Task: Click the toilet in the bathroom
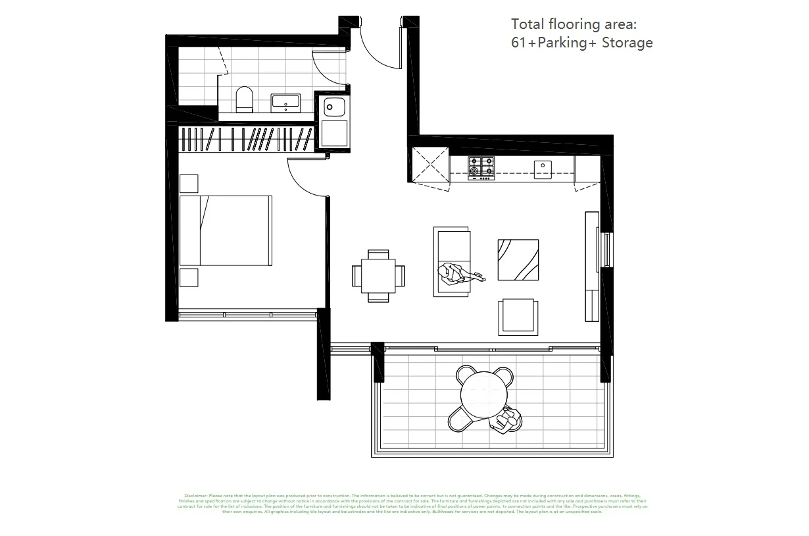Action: [x=244, y=99]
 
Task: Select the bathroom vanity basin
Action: [x=285, y=103]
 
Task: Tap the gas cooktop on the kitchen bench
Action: [x=481, y=168]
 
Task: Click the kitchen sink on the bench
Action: [x=543, y=169]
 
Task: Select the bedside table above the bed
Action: [x=189, y=183]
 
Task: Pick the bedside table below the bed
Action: [x=189, y=277]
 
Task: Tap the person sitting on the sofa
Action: [x=453, y=273]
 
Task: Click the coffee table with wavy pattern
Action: [x=518, y=259]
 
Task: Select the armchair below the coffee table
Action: [x=518, y=317]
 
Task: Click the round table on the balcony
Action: [x=485, y=394]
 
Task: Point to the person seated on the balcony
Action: [x=508, y=419]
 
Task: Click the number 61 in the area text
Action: [x=518, y=43]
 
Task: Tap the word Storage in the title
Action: [x=627, y=43]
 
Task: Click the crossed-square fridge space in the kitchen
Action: [x=429, y=165]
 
